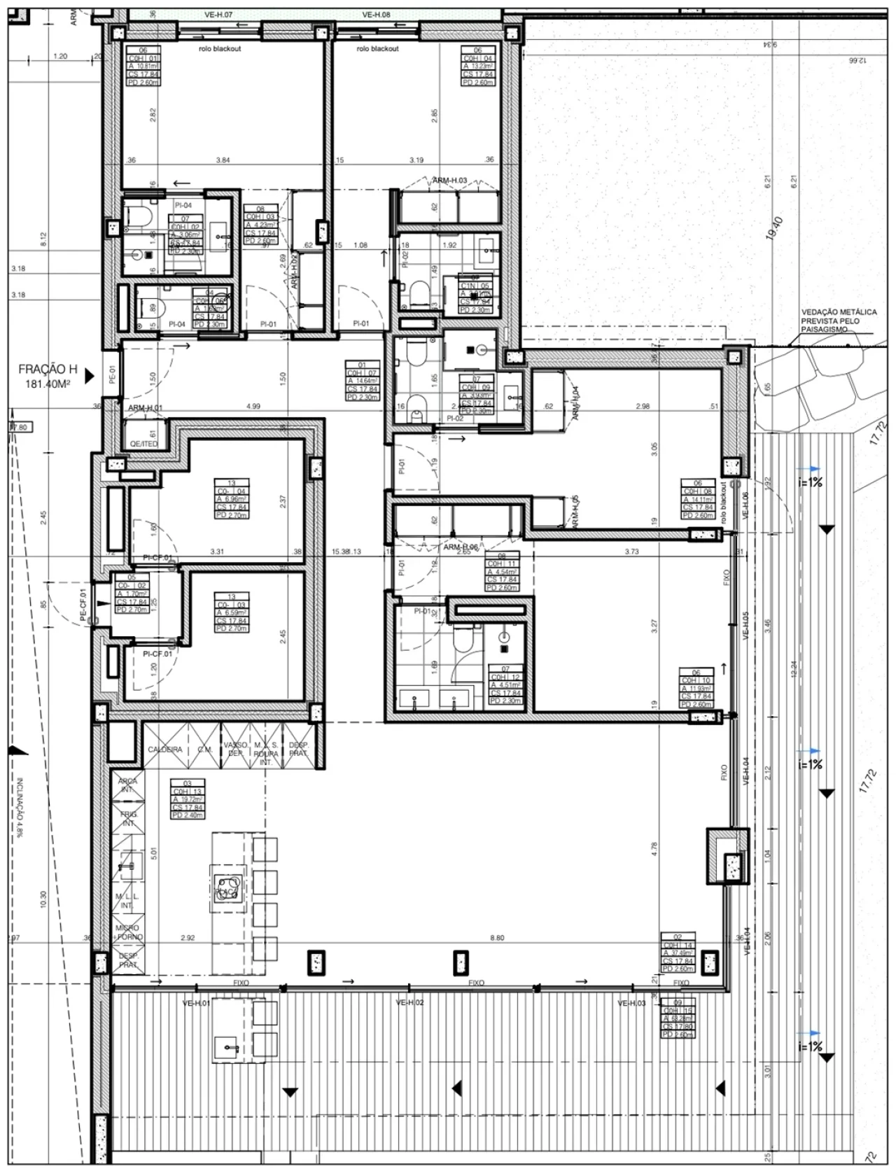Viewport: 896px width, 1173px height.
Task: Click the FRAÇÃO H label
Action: [x=48, y=370]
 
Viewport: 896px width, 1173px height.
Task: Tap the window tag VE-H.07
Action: [x=219, y=14]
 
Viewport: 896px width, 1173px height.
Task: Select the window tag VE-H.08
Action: [x=376, y=14]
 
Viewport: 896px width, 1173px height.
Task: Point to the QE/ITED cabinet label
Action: [x=145, y=444]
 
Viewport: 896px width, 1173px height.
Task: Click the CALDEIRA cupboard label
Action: [x=164, y=750]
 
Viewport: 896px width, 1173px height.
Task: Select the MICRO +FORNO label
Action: [x=129, y=932]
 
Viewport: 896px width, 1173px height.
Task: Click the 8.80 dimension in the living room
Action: [x=496, y=938]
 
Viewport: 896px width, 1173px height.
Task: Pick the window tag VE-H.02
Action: [x=410, y=1003]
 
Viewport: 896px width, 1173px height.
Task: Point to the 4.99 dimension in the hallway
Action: [x=253, y=407]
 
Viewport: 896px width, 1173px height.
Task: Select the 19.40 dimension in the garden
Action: [x=776, y=228]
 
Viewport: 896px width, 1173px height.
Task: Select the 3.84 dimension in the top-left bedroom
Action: [x=223, y=160]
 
